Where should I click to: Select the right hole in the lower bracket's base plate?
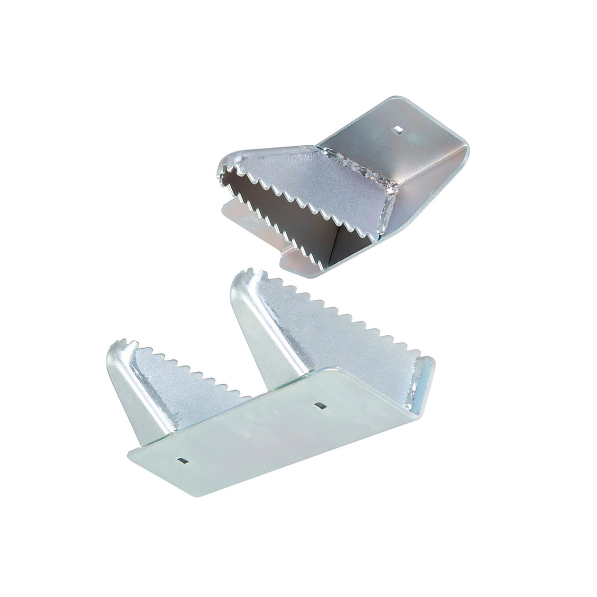pyautogui.click(x=320, y=404)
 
